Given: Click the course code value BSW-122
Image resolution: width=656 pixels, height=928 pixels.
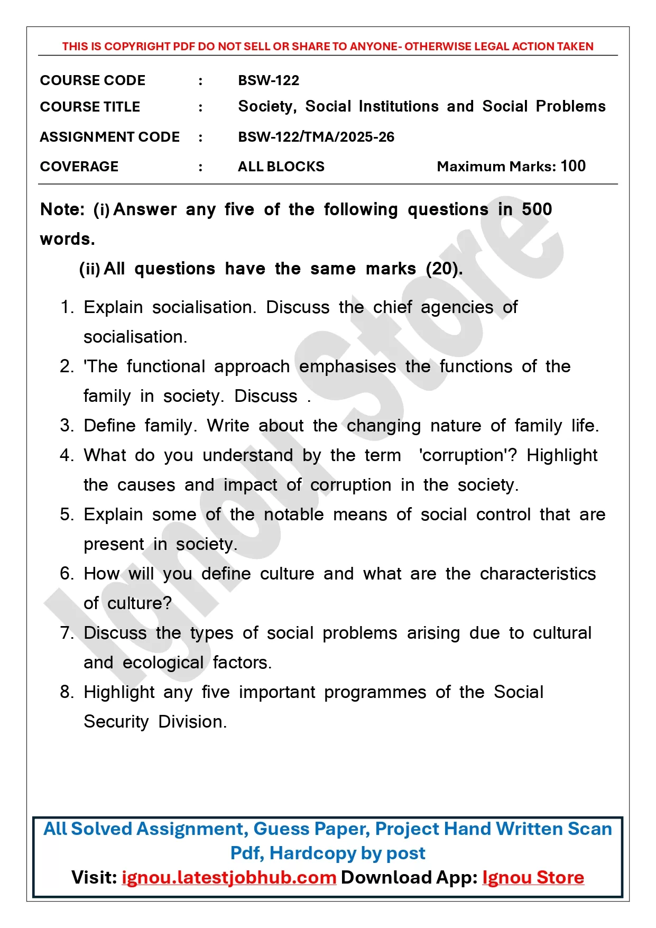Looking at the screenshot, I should (269, 80).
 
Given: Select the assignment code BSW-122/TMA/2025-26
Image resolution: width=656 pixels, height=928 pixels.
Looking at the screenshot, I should (316, 137).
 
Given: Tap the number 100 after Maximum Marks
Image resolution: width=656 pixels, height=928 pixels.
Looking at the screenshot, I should (573, 166).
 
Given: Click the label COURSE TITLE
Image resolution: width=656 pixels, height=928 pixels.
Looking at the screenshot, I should (90, 107).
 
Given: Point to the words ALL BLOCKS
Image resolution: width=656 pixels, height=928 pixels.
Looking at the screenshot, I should (281, 167).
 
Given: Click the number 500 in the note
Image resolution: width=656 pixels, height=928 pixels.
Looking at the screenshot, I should (537, 209).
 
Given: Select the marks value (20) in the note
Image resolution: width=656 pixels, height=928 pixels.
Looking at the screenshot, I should (444, 269).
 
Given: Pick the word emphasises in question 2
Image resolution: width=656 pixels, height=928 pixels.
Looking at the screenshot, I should (347, 366).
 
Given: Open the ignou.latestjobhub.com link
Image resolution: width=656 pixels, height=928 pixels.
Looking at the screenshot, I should (229, 878).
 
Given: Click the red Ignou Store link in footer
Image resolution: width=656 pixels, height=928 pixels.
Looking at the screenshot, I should (533, 878).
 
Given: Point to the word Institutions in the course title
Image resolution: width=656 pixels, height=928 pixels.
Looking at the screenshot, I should (399, 107).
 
